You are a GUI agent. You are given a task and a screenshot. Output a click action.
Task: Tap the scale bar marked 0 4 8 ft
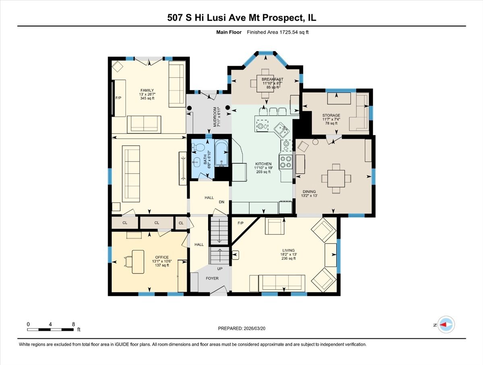tap(50, 330)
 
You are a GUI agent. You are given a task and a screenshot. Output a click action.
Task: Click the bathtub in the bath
tap(222, 153)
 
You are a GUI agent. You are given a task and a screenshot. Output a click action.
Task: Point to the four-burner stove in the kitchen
tap(286, 162)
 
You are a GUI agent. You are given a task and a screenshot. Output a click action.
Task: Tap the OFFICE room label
tap(162, 257)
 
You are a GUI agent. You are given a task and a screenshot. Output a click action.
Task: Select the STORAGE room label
tap(331, 115)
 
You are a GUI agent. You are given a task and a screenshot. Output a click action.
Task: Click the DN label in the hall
tap(222, 202)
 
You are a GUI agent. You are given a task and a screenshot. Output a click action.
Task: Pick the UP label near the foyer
tap(220, 269)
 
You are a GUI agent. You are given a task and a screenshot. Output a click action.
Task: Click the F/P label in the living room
tap(241, 223)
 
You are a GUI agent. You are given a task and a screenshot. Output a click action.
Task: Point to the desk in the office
tap(138, 262)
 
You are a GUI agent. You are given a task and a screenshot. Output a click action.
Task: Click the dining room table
tap(336, 178)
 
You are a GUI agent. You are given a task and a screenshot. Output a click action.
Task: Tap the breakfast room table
tap(265, 84)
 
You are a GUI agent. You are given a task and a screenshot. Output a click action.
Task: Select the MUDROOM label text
tap(215, 117)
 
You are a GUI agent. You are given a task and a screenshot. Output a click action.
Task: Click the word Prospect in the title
tap(283, 18)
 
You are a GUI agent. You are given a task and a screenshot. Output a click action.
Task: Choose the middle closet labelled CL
tap(157, 223)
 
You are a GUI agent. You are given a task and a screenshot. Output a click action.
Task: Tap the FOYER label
tap(212, 278)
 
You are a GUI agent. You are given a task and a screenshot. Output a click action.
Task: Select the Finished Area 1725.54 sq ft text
tap(278, 32)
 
